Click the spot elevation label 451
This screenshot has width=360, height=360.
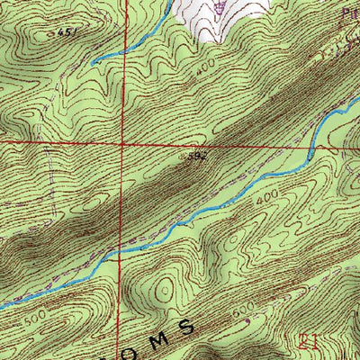62,32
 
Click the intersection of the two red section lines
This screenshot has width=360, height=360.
123,143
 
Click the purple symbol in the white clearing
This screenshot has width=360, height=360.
220,9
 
